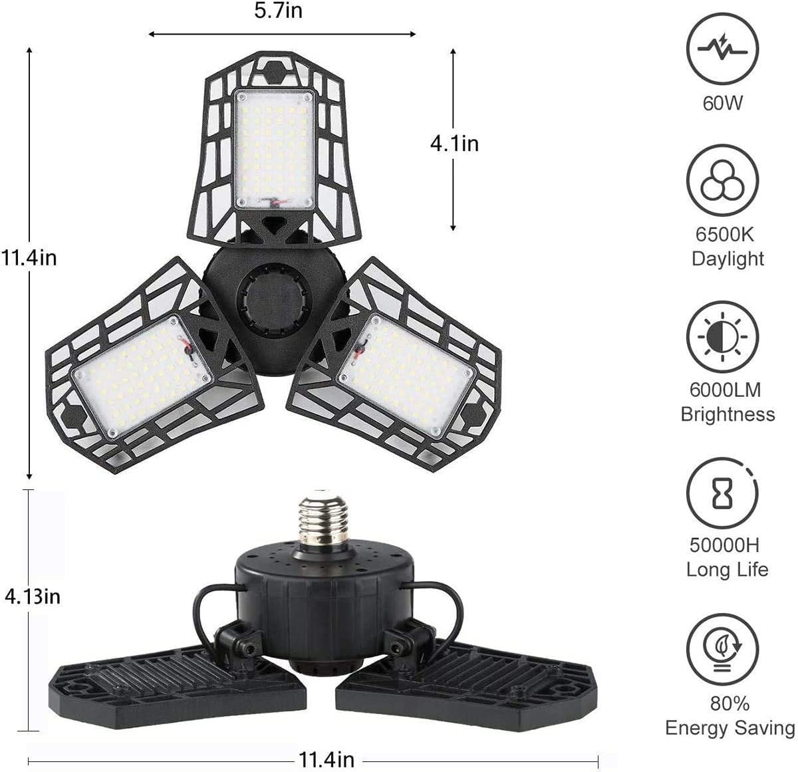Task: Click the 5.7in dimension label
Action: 278,11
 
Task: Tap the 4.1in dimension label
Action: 454,144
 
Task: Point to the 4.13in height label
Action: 33,597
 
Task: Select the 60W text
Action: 722,103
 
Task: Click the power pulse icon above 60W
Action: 723,49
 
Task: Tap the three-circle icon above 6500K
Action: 723,180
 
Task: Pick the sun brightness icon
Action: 723,336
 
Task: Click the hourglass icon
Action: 723,493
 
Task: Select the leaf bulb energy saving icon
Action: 723,650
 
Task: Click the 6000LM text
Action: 725,390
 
